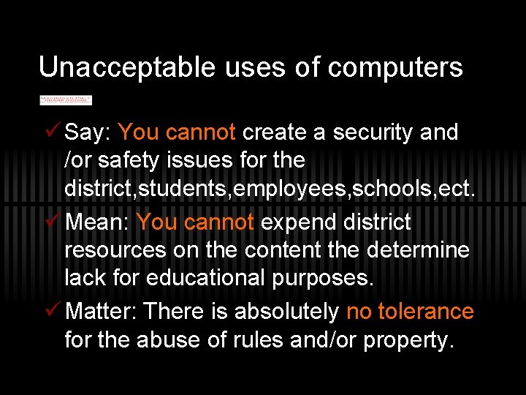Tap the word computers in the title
[x=395, y=68]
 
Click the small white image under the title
[x=66, y=99]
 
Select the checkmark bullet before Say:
[x=50, y=132]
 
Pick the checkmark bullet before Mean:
[x=50, y=221]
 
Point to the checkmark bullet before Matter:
[x=50, y=311]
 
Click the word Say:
[x=88, y=132]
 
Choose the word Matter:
[x=102, y=312]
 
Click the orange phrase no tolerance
[x=410, y=312]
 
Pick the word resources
[x=115, y=250]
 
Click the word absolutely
[x=287, y=312]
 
